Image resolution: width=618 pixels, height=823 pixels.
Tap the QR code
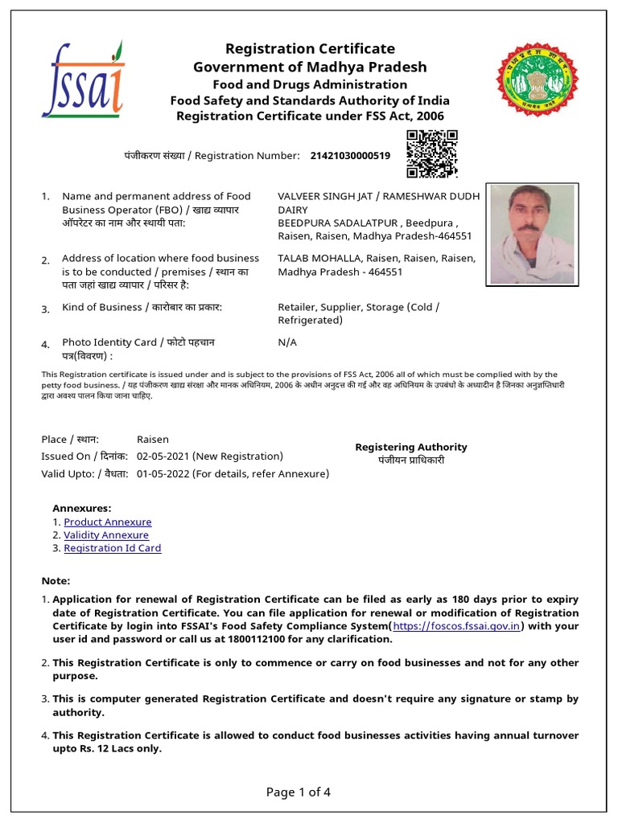coord(431,154)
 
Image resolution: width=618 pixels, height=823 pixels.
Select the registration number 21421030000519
coord(350,155)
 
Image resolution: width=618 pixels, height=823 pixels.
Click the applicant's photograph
coord(531,234)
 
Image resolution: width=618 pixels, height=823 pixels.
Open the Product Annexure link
coord(106,522)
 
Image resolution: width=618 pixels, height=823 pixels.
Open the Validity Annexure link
coord(106,535)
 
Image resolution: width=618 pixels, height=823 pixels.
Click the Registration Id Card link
coord(113,548)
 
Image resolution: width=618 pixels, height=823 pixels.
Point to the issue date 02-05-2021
coord(163,456)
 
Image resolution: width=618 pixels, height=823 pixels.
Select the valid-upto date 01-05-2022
coord(163,473)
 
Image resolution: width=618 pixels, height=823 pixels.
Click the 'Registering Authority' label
coord(410,447)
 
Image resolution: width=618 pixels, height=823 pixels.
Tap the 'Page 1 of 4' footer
coord(299,792)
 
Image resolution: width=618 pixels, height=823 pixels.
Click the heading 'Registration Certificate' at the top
coord(310,49)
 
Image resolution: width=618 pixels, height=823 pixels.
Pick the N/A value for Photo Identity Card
coord(287,342)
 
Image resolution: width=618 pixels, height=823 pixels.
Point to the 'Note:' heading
coord(56,581)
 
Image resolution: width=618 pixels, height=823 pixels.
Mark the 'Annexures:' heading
coord(81,509)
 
